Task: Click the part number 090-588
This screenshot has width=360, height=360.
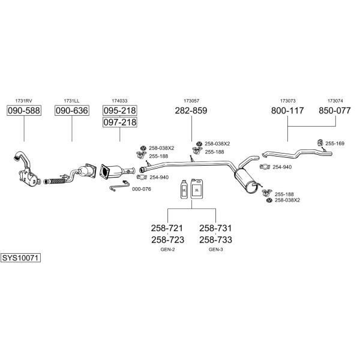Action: tap(23, 111)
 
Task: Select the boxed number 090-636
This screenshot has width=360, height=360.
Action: tap(71, 111)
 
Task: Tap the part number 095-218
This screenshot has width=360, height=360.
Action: tap(119, 111)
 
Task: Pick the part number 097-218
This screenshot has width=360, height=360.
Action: tap(119, 122)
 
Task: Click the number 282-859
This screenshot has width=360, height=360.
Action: tap(191, 111)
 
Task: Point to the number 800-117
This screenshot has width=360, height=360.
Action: tap(287, 111)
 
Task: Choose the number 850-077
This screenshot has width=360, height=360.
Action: tap(335, 111)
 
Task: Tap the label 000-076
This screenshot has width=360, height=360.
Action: tap(141, 189)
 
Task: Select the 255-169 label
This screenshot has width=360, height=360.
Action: tap(335, 143)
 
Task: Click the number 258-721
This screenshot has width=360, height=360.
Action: tap(167, 229)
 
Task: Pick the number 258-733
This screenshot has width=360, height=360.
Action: tap(215, 239)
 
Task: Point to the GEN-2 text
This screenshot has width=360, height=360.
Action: tap(167, 249)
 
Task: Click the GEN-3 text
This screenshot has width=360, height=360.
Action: tap(215, 249)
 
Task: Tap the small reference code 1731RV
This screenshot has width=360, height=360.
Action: tap(23, 101)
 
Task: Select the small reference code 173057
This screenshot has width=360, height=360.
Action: tap(191, 101)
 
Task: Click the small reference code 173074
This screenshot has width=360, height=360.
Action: tap(335, 101)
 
